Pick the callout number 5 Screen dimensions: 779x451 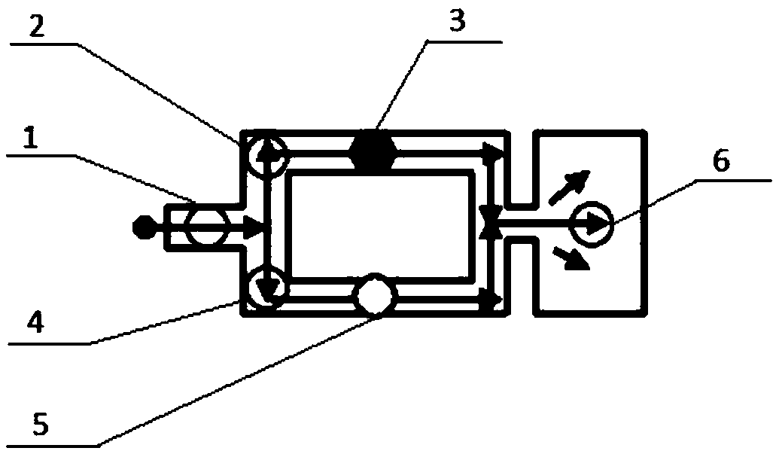[x=41, y=425]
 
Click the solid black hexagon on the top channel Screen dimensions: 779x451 [x=373, y=151]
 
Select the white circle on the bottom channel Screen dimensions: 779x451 [x=374, y=296]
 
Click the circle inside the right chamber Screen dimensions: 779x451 [x=591, y=223]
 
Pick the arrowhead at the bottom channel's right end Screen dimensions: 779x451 [x=493, y=302]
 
